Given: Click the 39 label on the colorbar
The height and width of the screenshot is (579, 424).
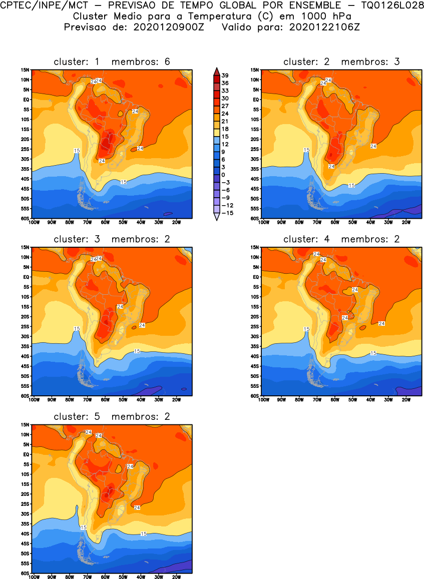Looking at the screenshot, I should [225, 75].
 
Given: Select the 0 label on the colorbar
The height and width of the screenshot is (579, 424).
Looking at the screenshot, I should [223, 175].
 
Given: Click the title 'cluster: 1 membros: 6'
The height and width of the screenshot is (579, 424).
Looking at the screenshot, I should [112, 62].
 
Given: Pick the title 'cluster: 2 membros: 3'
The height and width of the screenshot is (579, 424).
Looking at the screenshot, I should [341, 62].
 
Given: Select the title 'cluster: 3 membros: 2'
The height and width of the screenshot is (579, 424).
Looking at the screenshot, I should [112, 239].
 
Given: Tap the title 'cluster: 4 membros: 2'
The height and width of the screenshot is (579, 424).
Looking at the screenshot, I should [341, 239].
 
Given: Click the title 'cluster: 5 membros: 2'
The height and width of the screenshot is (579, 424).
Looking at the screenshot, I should [112, 417].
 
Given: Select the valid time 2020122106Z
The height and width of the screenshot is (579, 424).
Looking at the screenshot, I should [324, 27].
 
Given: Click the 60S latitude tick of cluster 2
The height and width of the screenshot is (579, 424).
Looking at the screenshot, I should [255, 218].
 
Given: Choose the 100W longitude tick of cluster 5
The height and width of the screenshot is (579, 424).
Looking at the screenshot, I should [34, 576].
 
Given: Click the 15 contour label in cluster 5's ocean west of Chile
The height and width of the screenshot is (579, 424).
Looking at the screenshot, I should [83, 527].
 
